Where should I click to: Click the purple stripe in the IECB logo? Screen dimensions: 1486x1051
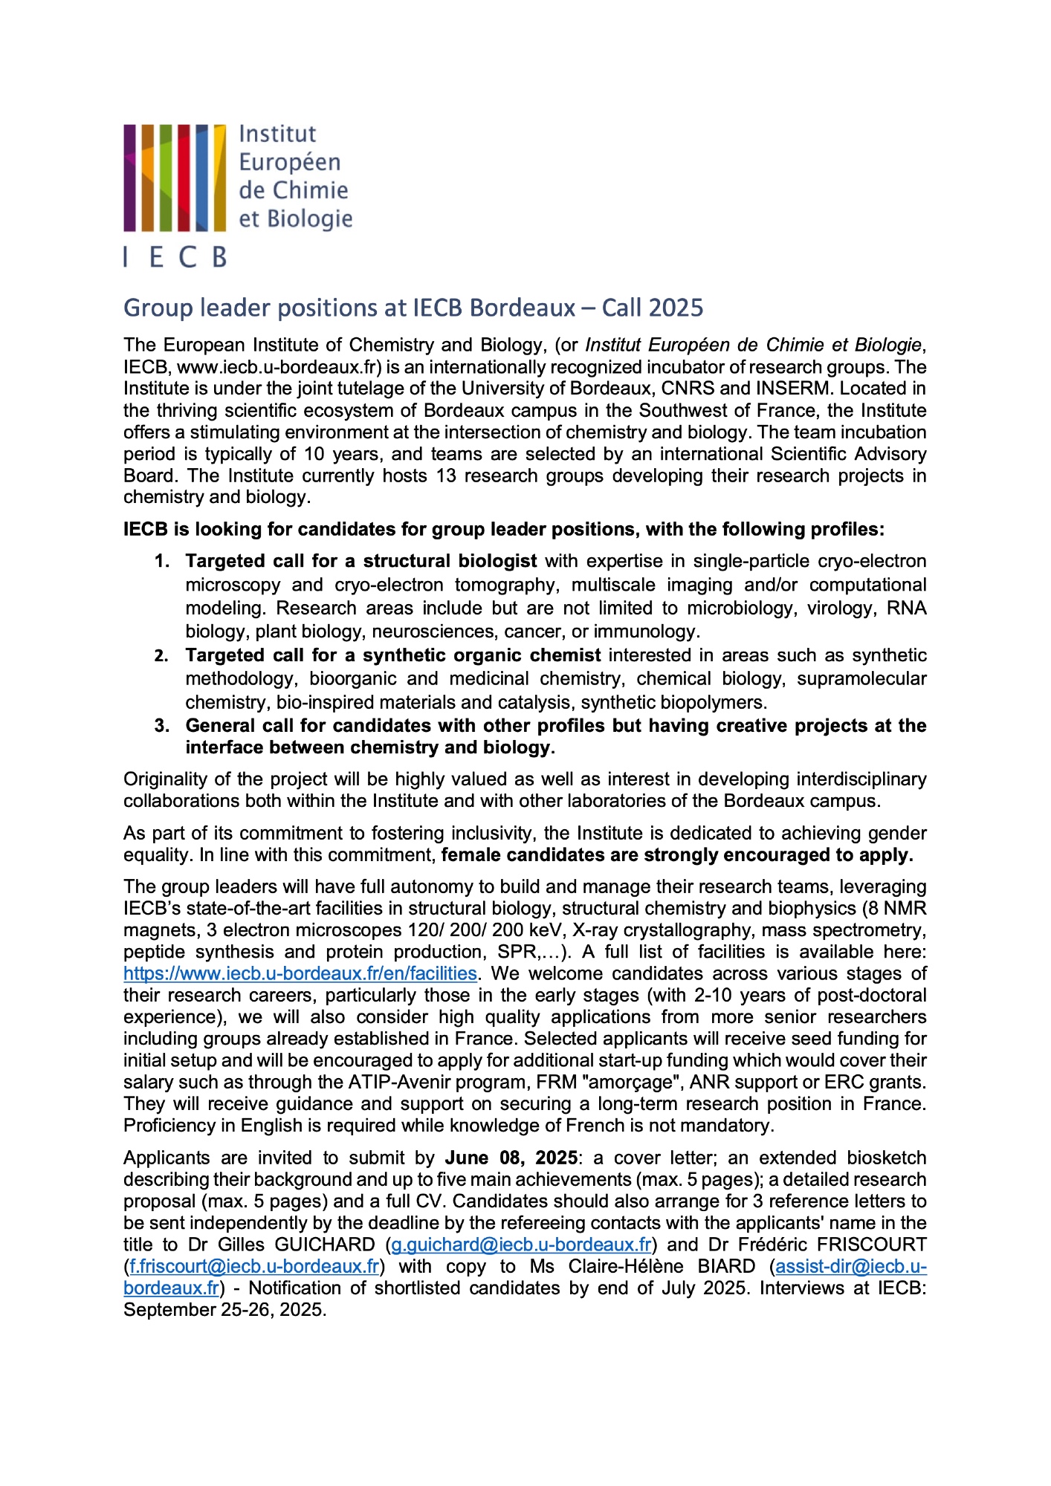click(130, 178)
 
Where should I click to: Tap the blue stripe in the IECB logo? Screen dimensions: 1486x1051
click(201, 178)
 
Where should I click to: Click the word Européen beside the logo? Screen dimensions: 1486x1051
click(290, 162)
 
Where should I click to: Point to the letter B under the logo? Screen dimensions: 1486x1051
click(219, 257)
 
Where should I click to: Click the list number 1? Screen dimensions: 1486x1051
click(161, 561)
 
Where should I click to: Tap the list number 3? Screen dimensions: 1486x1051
click(161, 726)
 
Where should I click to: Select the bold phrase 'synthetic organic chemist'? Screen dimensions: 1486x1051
click(482, 655)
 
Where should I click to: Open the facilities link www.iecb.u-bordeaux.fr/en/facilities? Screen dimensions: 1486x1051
click(300, 973)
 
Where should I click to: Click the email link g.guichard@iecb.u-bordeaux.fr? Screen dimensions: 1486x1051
click(521, 1245)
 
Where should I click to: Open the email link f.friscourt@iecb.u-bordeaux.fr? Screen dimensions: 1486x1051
click(254, 1266)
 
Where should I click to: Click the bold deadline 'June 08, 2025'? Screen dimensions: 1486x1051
click(511, 1158)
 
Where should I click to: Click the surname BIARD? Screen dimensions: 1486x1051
click(726, 1266)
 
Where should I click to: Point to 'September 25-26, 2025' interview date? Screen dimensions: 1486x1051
click(224, 1309)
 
